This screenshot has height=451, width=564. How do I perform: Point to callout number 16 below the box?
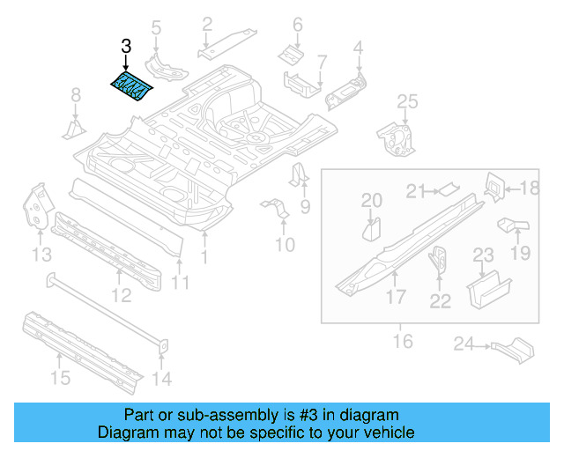click(403, 340)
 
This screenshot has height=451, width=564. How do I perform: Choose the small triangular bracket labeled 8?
click(74, 129)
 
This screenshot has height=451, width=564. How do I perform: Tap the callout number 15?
click(59, 379)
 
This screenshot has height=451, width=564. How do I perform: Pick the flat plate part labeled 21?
click(448, 187)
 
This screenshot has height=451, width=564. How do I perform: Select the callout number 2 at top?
click(207, 24)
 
